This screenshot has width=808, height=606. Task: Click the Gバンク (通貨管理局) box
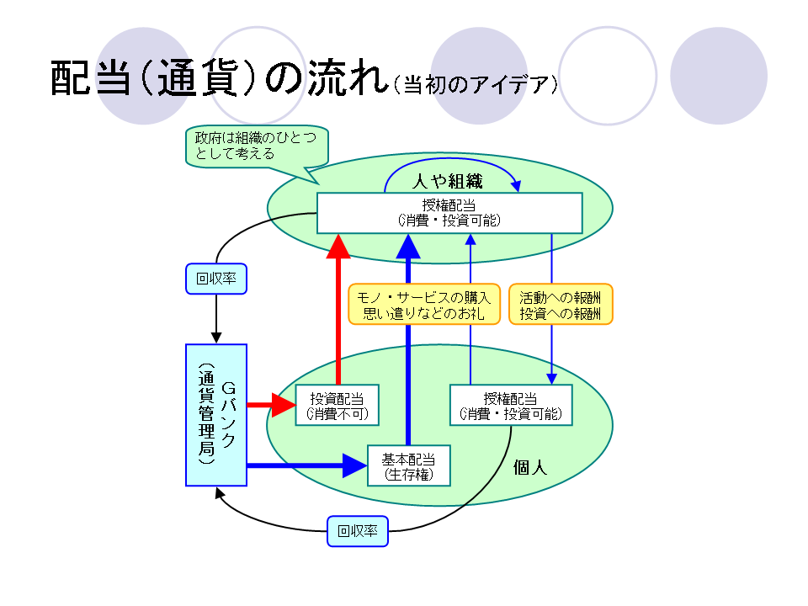(x=215, y=414)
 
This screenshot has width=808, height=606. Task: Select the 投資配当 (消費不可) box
(x=337, y=406)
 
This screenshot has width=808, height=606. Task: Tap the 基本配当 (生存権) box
(x=409, y=465)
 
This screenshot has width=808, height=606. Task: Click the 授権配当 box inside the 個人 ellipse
(x=511, y=406)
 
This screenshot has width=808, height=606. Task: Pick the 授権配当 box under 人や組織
(x=449, y=213)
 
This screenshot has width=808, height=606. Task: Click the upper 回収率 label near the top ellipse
(x=216, y=279)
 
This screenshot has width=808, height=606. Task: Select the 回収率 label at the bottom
(x=358, y=532)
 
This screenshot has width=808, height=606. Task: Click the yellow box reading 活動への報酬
(x=561, y=304)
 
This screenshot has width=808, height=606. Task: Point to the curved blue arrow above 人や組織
(x=450, y=160)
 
